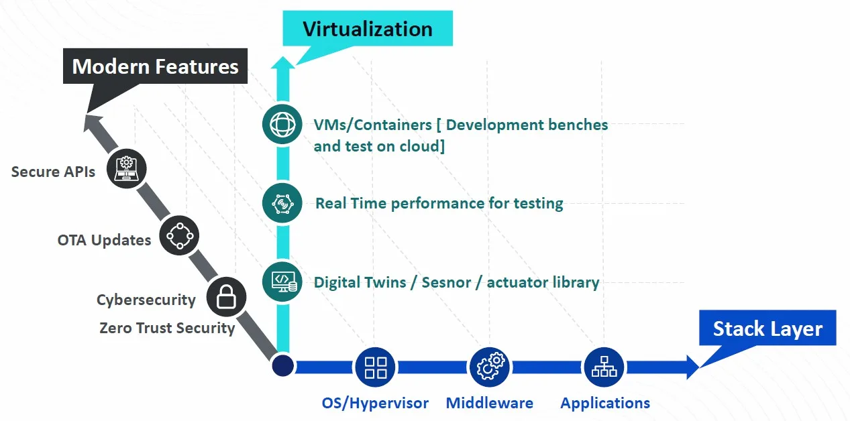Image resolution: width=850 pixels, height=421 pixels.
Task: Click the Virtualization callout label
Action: (367, 29)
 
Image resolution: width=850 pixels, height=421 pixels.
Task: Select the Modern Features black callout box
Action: (155, 67)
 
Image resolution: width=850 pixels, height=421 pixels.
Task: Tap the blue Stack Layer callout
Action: (767, 328)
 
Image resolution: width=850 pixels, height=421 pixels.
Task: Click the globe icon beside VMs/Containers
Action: (282, 124)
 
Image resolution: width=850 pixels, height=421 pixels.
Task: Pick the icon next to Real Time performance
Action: (282, 202)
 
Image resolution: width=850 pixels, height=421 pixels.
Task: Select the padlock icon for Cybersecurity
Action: (226, 297)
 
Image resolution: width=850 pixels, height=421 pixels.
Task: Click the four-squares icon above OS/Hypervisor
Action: (375, 367)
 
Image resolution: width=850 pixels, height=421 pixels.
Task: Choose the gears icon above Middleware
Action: (490, 367)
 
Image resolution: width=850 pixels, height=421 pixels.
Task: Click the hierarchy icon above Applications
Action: (604, 367)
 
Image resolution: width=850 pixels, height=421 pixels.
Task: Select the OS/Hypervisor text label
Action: (375, 403)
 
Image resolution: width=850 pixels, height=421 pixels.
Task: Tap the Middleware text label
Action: (490, 403)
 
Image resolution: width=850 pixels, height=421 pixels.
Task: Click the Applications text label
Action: (605, 403)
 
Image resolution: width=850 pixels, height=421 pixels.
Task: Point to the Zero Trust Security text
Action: (167, 328)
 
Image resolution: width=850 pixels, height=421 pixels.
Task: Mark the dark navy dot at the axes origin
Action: (282, 366)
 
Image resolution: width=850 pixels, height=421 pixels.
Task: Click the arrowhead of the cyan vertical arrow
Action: (282, 62)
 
